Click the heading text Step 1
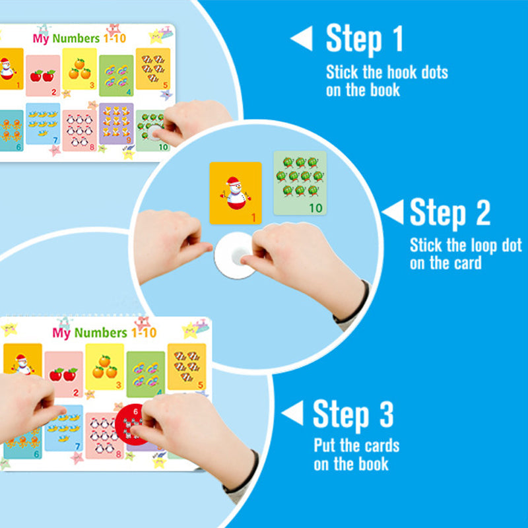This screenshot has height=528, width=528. click(x=364, y=39)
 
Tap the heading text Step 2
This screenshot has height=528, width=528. click(x=450, y=213)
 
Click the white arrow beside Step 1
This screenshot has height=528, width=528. click(x=302, y=38)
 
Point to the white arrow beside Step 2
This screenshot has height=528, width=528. click(x=393, y=212)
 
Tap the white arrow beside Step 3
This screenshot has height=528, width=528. click(x=292, y=413)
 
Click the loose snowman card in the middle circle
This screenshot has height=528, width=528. click(x=236, y=193)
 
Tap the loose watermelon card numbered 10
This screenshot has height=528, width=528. click(x=300, y=183)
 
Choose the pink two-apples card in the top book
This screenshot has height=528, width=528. click(x=43, y=76)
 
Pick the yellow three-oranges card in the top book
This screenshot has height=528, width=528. click(x=79, y=69)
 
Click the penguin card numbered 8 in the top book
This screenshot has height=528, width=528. click(x=79, y=130)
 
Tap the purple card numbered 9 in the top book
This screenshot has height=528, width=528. click(x=116, y=123)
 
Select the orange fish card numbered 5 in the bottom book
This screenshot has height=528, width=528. click(x=187, y=367)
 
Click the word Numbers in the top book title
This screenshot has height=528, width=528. click(x=76, y=38)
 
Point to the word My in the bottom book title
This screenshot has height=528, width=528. click(x=61, y=333)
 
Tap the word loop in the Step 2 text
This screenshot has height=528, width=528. click(x=485, y=246)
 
